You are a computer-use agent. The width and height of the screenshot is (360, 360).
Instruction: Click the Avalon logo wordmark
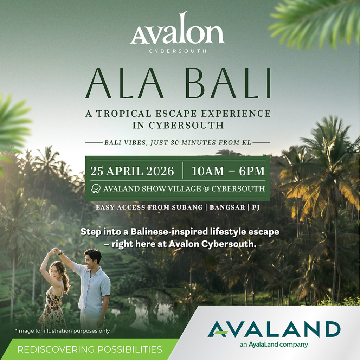pos(177,28)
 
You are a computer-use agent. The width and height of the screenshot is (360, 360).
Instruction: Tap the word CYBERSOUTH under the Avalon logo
pos(178,51)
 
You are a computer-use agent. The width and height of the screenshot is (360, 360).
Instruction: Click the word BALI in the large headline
pos(228,83)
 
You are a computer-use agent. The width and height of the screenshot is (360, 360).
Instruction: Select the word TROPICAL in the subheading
pos(124,114)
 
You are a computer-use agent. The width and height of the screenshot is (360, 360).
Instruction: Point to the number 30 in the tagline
pos(174,143)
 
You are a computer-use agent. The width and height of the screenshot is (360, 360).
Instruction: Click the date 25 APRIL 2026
pos(132,171)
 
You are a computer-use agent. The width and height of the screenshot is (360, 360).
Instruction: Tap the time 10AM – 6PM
pos(229,171)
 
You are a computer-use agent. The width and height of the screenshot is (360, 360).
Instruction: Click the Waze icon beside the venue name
pos(96,188)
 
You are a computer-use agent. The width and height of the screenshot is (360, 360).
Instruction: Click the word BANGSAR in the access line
pos(227,207)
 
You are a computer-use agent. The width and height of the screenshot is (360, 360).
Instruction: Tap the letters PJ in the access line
pos(256,207)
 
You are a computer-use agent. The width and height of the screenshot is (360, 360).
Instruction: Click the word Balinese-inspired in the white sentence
pos(169,232)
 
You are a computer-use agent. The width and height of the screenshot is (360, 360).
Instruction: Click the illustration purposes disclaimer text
pos(63,331)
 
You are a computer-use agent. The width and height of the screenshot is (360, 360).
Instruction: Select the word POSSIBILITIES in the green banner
pos(130,349)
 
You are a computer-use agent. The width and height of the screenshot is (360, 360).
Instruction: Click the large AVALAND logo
pos(274,329)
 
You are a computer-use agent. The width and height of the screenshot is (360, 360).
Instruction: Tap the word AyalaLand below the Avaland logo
pos(263,345)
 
